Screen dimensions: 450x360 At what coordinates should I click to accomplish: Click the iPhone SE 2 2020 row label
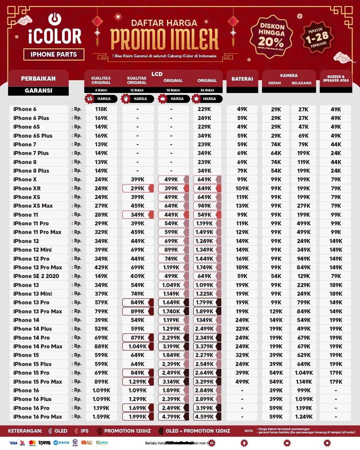(x=36, y=276)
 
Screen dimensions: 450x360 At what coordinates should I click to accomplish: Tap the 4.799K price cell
(x=171, y=417)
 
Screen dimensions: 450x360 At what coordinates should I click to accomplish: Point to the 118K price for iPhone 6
(x=101, y=109)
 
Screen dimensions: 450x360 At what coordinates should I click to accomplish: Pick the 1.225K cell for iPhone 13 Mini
(x=204, y=294)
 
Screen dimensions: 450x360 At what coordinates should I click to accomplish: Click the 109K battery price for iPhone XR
(x=242, y=188)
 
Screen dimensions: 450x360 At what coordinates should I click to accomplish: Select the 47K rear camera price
(x=303, y=127)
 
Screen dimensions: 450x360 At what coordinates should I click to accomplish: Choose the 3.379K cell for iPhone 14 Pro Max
(x=204, y=346)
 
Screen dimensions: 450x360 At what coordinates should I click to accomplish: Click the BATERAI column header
(x=242, y=79)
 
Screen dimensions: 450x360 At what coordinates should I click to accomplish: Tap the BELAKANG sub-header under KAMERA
(x=301, y=83)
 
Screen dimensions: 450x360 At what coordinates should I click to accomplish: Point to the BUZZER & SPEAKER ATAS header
(x=336, y=79)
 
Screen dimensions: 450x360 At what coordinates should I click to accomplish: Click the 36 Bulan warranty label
(x=207, y=90)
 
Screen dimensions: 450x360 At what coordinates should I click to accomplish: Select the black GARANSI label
(x=38, y=91)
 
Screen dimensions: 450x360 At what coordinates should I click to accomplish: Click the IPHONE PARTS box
(x=54, y=54)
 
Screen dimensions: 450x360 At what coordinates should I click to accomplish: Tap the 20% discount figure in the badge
(x=271, y=42)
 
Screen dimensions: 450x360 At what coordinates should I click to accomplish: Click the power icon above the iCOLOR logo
(x=55, y=19)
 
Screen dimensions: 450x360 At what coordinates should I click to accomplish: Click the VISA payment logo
(x=13, y=443)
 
